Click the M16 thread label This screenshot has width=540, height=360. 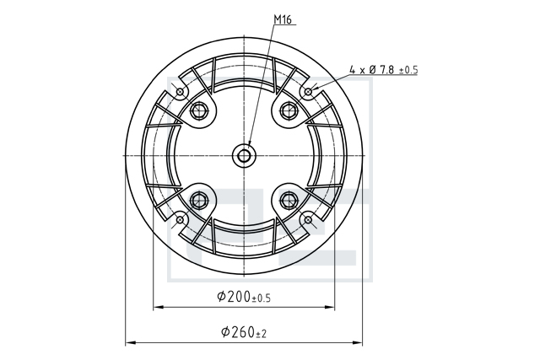(x=283, y=20)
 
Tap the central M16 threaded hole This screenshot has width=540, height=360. (x=244, y=156)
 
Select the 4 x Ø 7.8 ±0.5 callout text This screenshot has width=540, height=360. (x=383, y=70)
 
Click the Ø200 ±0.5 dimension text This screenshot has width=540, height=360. (x=244, y=296)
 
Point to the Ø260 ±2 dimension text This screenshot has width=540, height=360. (x=244, y=332)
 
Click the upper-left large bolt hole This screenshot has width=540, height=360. (x=200, y=110)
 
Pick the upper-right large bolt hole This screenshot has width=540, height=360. (x=289, y=110)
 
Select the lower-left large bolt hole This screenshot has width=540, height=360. (x=199, y=199)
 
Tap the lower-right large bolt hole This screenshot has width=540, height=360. (x=289, y=199)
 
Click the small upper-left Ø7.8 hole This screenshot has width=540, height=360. (x=180, y=92)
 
